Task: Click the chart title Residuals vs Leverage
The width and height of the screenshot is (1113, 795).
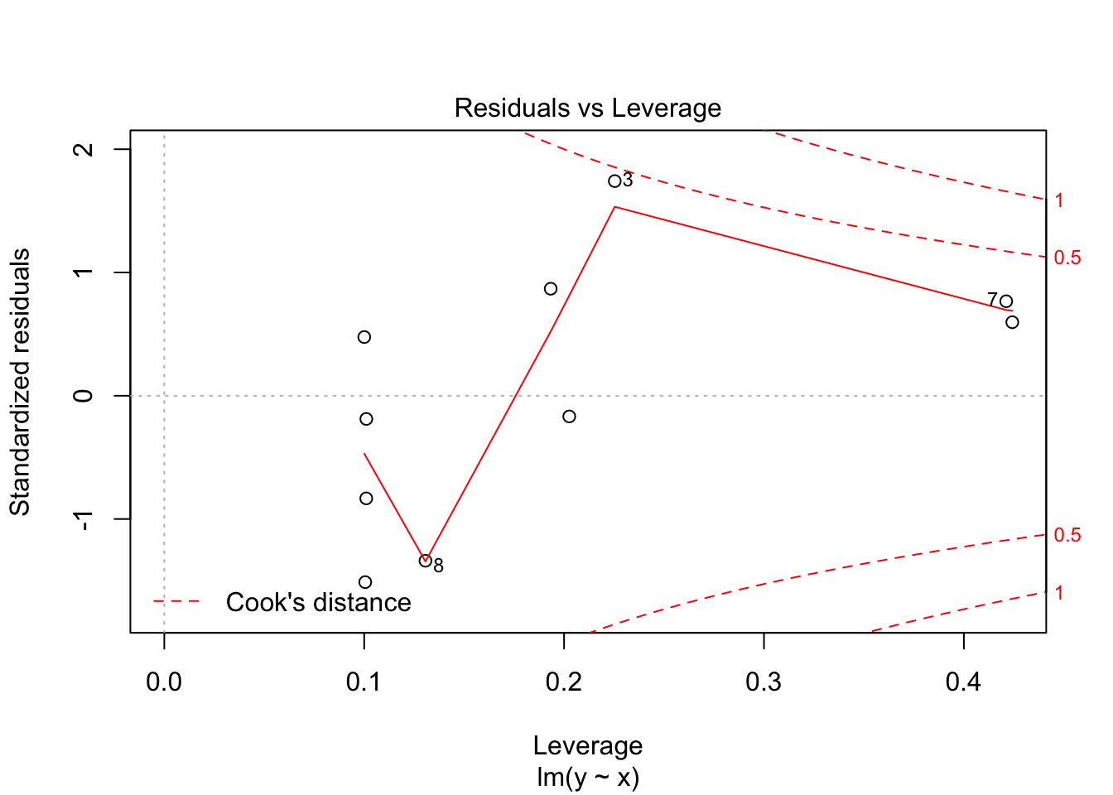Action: (587, 108)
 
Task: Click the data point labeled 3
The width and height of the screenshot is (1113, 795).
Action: (614, 181)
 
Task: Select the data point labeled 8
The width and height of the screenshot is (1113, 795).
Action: (426, 561)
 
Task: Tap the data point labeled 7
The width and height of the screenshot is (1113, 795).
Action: (1006, 301)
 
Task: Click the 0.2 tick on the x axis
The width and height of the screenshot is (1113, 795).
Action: (564, 682)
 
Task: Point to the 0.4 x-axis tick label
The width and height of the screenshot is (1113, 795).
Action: (964, 682)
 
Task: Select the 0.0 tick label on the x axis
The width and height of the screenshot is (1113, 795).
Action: (164, 682)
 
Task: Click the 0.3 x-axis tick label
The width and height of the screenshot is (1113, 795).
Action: (764, 682)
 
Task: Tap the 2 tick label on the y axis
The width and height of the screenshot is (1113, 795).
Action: (84, 149)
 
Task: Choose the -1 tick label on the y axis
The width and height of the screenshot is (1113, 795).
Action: (84, 519)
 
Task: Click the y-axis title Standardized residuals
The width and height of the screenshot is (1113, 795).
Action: (20, 382)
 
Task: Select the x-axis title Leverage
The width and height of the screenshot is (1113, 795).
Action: (587, 746)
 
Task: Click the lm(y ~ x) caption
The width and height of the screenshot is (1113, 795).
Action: (587, 778)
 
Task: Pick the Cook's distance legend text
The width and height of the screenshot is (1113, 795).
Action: (318, 602)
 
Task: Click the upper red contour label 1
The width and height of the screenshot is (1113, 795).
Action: (1059, 200)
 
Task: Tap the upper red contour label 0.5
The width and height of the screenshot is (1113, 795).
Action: (1067, 258)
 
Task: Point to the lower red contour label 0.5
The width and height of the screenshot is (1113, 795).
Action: (1067, 535)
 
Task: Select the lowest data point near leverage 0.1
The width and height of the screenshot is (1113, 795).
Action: (365, 582)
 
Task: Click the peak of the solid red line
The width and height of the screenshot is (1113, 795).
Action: (614, 206)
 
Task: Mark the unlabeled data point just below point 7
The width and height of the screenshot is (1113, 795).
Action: (1012, 322)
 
